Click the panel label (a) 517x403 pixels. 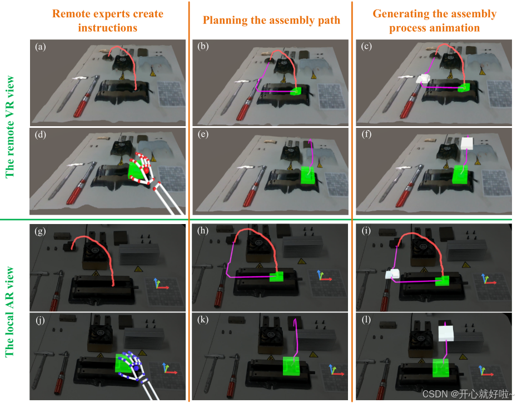[40, 47]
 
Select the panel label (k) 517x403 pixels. [204, 321]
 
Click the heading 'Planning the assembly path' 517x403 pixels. [271, 21]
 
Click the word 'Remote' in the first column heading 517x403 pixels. [76, 13]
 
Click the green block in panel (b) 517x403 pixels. [295, 91]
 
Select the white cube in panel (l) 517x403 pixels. [446, 334]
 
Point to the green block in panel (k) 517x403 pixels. [292, 368]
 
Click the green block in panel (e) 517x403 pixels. [307, 175]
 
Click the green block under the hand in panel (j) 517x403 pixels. [122, 362]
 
